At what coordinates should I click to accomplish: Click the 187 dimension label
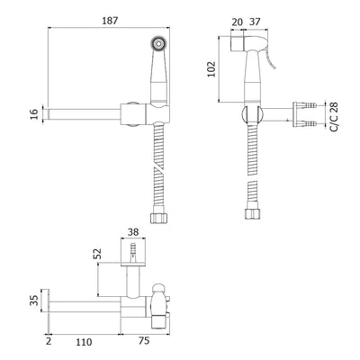[110, 21]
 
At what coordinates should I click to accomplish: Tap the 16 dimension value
[35, 114]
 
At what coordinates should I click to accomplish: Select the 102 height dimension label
[211, 69]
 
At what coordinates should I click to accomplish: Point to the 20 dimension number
[237, 22]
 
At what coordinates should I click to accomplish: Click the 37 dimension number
[255, 22]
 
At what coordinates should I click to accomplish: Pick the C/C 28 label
[334, 117]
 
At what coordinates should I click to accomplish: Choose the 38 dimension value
[133, 232]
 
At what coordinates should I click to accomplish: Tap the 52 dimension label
[97, 254]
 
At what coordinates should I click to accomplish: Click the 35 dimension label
[35, 300]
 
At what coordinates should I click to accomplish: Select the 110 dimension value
[84, 342]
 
